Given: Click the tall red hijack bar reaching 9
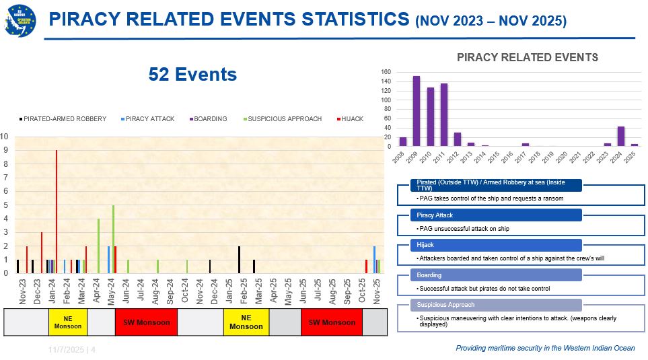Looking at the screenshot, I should [57, 212].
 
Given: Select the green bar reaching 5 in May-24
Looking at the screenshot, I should [113, 239].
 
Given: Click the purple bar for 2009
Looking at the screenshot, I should [417, 111].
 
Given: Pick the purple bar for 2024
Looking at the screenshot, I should [621, 136].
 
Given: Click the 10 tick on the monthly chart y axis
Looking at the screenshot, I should [5, 136].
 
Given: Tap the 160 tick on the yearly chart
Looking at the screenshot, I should [386, 72].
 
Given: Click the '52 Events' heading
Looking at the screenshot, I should [192, 74].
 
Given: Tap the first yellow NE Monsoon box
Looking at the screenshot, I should [68, 322].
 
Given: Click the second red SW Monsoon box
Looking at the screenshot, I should [332, 322].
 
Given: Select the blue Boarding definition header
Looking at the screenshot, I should [496, 275].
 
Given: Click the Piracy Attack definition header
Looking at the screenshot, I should [496, 215].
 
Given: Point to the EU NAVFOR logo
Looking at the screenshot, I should [20, 21].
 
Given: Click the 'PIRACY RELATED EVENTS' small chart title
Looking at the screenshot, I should [527, 57].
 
